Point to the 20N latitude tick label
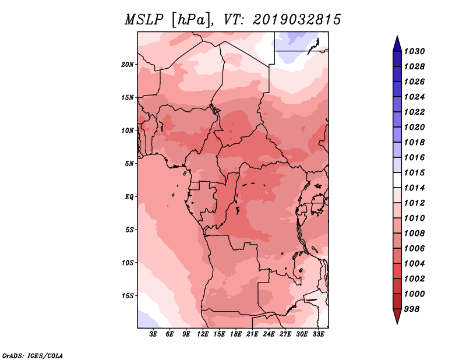(x=127, y=65)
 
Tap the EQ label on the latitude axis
(x=129, y=197)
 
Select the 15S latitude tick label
(x=127, y=296)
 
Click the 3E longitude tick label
(x=153, y=334)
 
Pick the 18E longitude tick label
(x=236, y=334)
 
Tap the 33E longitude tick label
(x=318, y=334)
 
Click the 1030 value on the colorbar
(x=414, y=51)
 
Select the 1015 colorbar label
(x=414, y=172)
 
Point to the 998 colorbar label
(x=412, y=309)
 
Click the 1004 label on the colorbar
(x=414, y=264)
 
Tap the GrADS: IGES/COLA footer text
(x=33, y=356)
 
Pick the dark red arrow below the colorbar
(x=397, y=316)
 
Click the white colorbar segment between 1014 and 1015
(x=397, y=180)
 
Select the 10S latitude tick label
(x=127, y=263)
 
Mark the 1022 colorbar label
(x=414, y=112)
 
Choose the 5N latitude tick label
(x=129, y=164)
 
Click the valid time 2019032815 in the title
(x=296, y=20)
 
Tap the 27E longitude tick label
(x=285, y=334)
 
